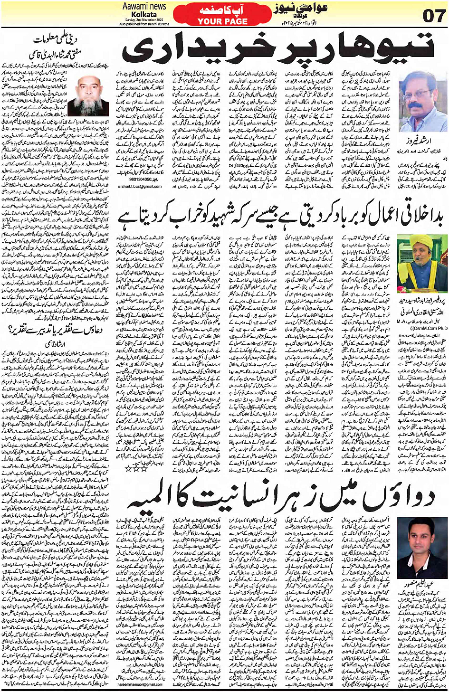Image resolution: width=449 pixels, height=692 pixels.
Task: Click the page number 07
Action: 433,16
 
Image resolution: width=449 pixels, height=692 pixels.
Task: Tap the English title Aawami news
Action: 144,6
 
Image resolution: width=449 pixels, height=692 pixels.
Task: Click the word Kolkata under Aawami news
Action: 144,15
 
